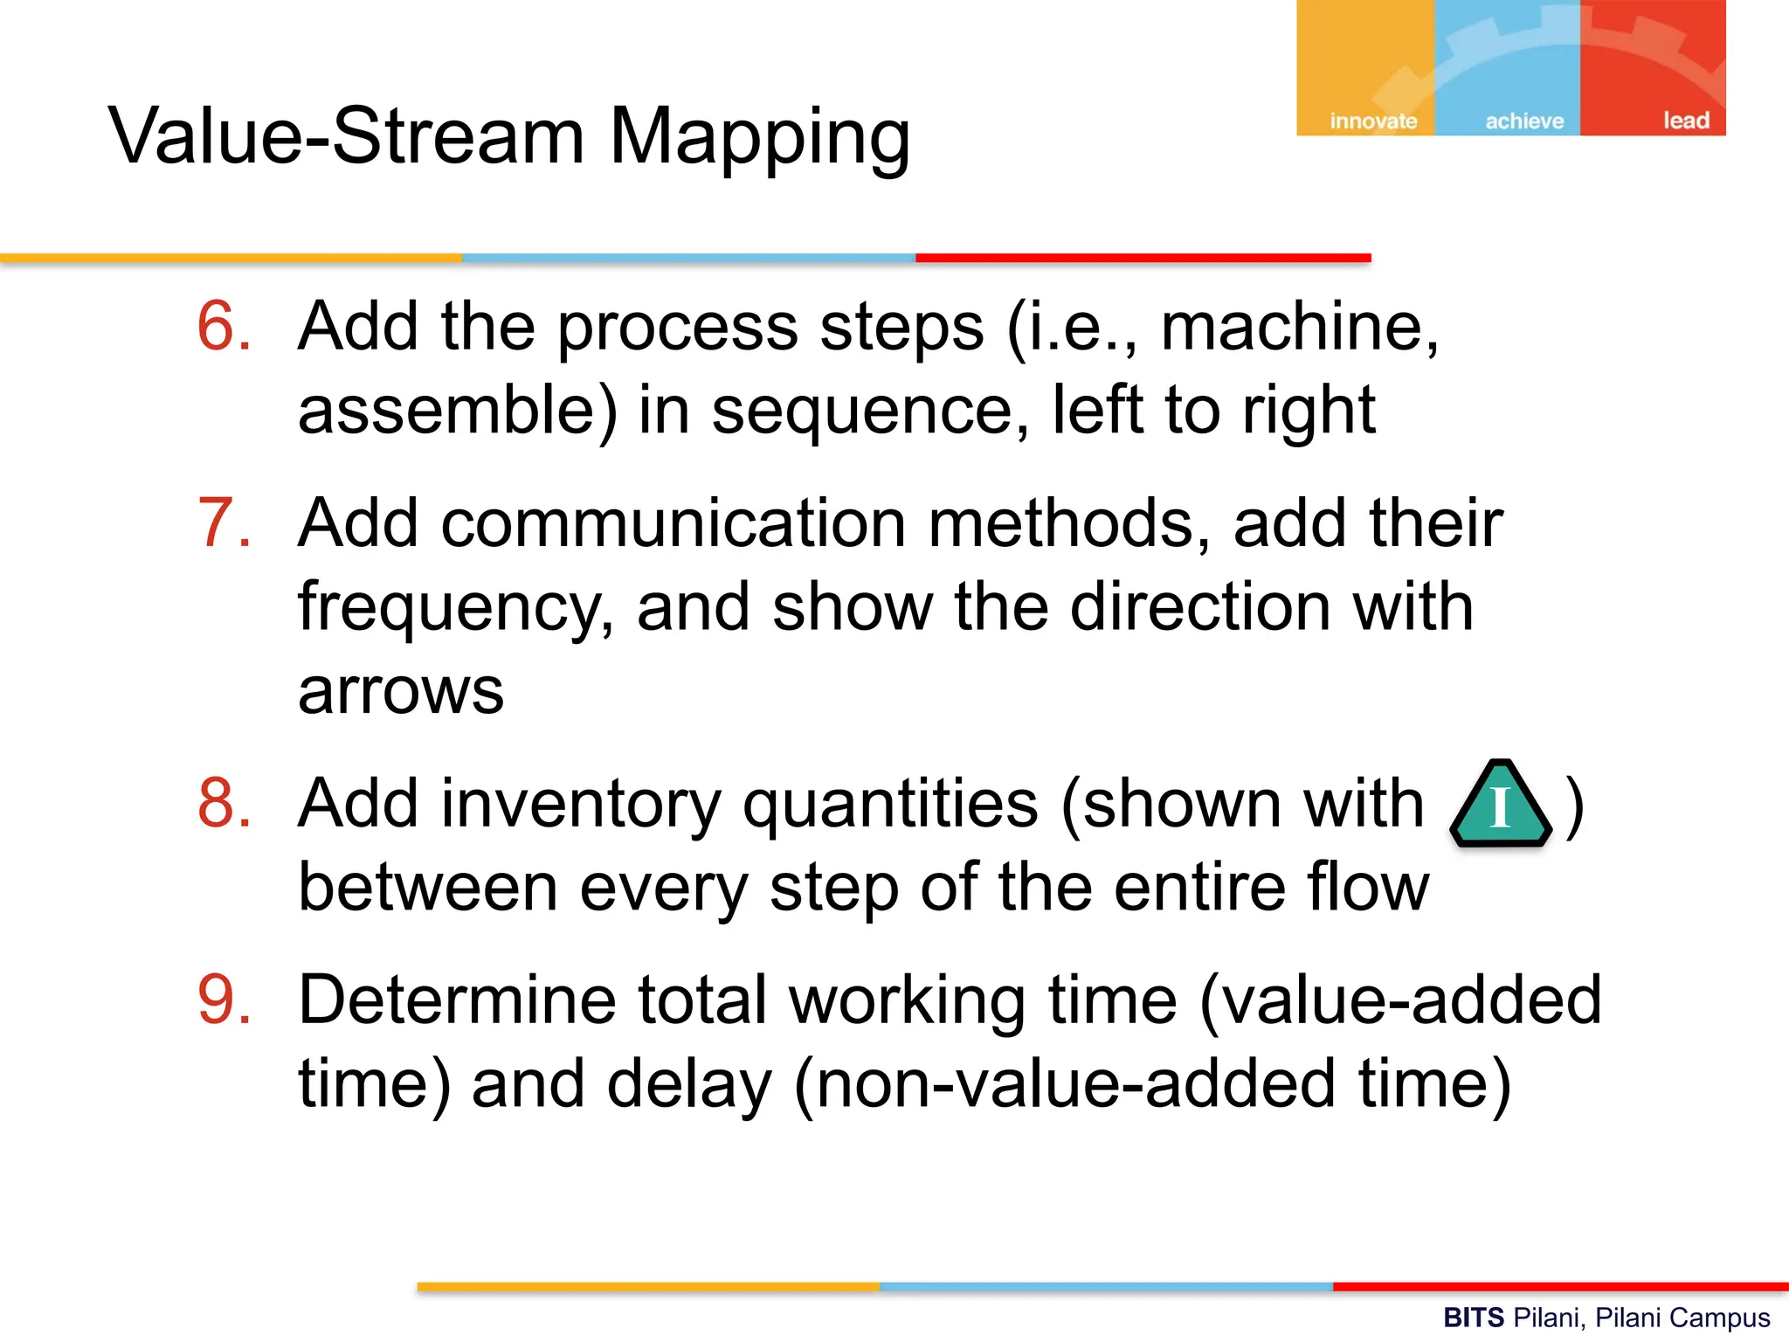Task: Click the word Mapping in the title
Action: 758,138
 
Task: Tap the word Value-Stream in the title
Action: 346,136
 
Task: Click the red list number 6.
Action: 224,327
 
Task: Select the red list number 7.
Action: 224,523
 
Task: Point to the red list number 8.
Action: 224,803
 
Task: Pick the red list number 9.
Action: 224,1000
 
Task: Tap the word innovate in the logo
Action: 1372,121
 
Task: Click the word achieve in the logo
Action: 1524,121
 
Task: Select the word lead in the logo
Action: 1685,121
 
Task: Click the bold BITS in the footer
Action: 1473,1318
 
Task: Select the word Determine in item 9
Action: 457,1000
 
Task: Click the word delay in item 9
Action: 689,1084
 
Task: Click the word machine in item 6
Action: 1297,327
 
